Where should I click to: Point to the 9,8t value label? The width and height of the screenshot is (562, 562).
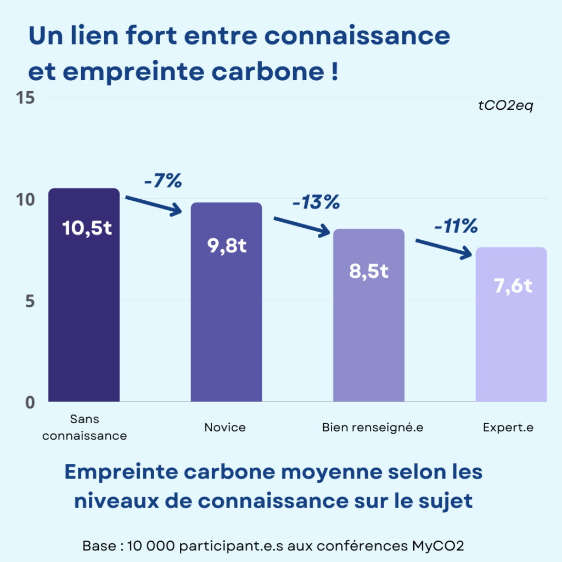point(227,246)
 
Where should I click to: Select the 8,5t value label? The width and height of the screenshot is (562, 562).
point(369,271)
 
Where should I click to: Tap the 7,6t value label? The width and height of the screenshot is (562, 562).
point(513,286)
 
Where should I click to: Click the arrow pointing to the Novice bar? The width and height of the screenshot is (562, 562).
point(154,204)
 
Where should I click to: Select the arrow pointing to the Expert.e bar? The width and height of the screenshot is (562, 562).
point(443,248)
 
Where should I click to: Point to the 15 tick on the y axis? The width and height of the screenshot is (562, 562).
point(26,98)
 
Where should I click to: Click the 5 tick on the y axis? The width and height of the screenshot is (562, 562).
point(30,301)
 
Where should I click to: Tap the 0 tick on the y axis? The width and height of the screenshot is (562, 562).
point(30,402)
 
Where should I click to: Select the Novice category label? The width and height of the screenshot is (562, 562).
point(225,427)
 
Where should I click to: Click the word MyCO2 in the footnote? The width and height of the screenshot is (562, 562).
point(441,546)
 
